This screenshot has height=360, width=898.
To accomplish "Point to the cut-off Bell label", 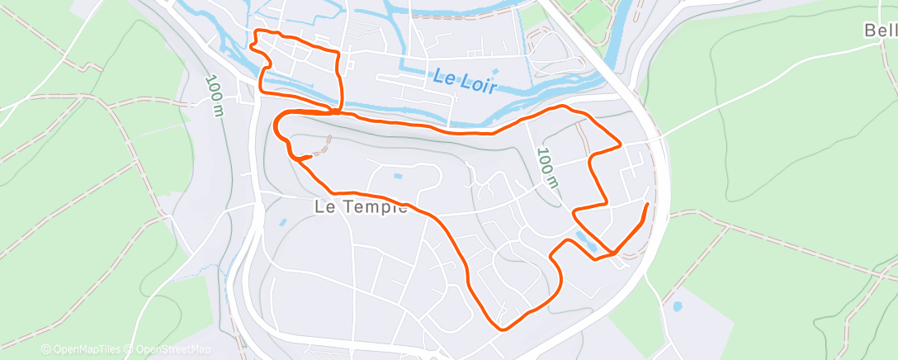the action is click(881, 31).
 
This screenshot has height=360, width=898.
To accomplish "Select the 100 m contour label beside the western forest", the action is click(213, 96).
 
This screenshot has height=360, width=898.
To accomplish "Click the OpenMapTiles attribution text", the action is click(83, 349).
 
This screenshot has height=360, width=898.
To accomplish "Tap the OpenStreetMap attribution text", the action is click(168, 349).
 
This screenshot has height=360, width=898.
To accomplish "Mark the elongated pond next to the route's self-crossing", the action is click(588, 240).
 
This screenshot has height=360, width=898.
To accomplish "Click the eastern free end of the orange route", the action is click(646, 203).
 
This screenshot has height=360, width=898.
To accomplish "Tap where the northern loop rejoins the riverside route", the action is click(338, 111).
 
